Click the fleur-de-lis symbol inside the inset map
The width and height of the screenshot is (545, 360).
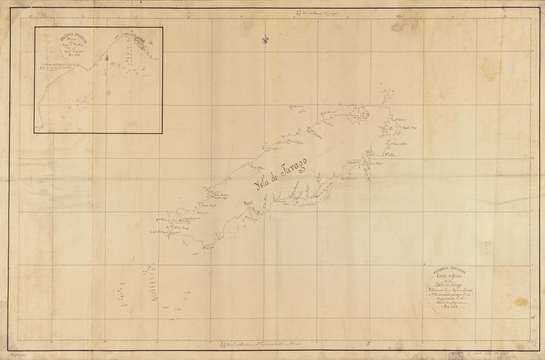(107, 58)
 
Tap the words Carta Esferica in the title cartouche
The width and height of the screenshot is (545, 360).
(449, 276)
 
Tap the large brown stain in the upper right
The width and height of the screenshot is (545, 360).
(490, 67)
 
